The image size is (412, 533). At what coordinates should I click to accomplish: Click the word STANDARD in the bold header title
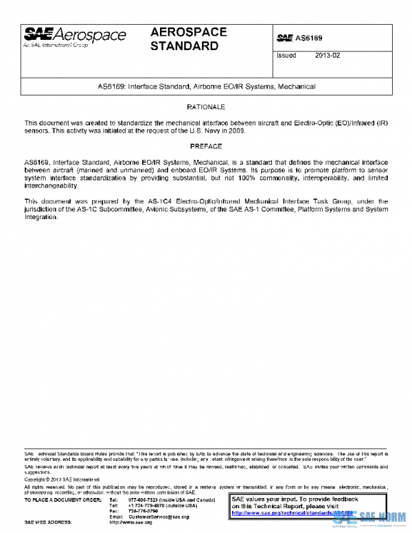[184, 47]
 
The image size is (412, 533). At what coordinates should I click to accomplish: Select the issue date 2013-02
[328, 56]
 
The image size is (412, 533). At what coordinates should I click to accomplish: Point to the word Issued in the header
[286, 56]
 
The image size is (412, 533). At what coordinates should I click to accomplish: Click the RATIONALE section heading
[206, 108]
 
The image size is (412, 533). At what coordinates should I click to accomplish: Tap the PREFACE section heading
[206, 146]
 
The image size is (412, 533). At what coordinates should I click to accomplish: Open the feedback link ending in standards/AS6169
[292, 512]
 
